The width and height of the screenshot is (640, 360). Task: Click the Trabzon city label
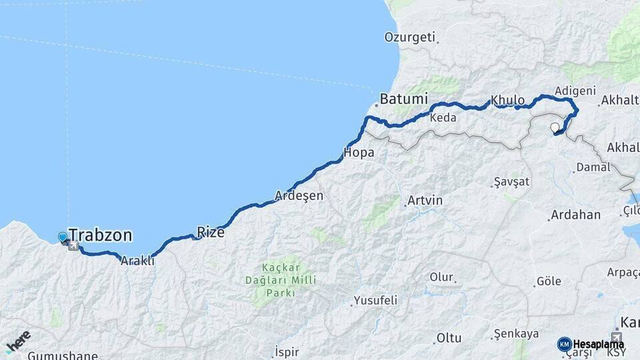pos(100,235)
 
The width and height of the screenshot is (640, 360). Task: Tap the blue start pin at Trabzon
pos(63,237)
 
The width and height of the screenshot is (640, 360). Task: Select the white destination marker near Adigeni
pos(555,127)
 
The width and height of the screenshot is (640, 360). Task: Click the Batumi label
pos(403,99)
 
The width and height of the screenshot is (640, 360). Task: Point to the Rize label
pos(211,233)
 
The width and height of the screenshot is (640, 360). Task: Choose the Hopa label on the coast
pos(359,153)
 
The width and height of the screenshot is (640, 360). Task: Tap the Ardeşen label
pos(299,196)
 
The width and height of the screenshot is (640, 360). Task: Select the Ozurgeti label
pos(409,37)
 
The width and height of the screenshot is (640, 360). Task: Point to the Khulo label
pos(508,101)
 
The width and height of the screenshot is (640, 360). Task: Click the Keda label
pos(443,118)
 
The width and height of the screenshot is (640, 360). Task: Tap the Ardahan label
pos(575,215)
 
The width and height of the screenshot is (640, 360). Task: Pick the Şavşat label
pos(511,182)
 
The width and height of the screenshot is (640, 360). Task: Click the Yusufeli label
pos(375,300)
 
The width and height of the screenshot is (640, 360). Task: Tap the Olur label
pos(441,277)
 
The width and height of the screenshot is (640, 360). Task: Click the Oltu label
pos(449,338)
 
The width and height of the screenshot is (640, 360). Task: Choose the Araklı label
pos(137,261)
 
